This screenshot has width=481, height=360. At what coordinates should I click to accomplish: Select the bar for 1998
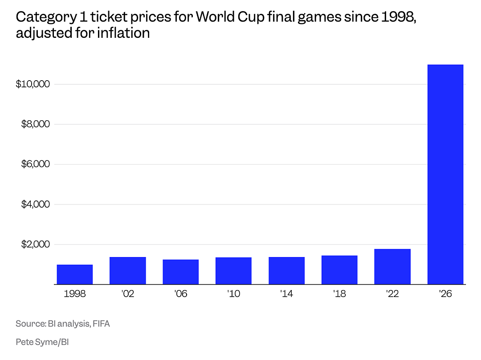(74, 274)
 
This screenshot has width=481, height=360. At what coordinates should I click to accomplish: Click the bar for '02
(128, 271)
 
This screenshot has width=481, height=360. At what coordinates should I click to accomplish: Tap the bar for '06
(181, 272)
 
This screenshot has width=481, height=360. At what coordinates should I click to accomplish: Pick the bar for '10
(233, 271)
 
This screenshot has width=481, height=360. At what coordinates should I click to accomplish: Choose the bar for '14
(286, 271)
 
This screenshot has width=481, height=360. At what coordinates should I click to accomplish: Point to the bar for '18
(339, 270)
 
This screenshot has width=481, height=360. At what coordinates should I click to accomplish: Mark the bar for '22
(392, 267)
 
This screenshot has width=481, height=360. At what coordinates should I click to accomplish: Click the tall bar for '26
(445, 174)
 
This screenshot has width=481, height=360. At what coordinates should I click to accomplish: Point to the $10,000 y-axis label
(33, 84)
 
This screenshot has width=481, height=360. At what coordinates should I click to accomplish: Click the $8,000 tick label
(35, 124)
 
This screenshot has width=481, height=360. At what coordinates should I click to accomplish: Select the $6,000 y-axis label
(35, 164)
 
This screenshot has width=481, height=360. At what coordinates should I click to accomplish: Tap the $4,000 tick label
(35, 204)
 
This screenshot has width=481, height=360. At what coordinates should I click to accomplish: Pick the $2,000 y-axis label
(35, 244)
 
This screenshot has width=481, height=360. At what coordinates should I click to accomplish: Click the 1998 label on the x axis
(74, 294)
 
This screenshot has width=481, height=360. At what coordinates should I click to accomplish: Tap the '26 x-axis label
(445, 294)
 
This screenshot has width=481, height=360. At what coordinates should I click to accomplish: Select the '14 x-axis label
(286, 294)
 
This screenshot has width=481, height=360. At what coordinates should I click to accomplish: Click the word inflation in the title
(123, 33)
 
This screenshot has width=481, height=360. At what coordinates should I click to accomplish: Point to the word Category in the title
(46, 17)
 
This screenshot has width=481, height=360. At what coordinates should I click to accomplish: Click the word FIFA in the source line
(101, 324)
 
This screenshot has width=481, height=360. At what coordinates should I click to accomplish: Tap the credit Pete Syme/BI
(42, 342)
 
